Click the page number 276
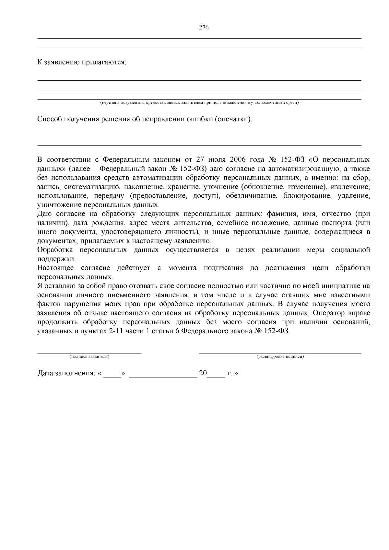(x=203, y=27)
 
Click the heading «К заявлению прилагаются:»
(x=82, y=62)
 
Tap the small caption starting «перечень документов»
(x=199, y=103)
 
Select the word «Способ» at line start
(x=49, y=119)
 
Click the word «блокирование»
(x=308, y=196)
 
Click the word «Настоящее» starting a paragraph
(x=55, y=268)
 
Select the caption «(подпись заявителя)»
(x=89, y=357)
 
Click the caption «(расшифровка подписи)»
(x=280, y=357)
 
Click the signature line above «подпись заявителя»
(x=89, y=352)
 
